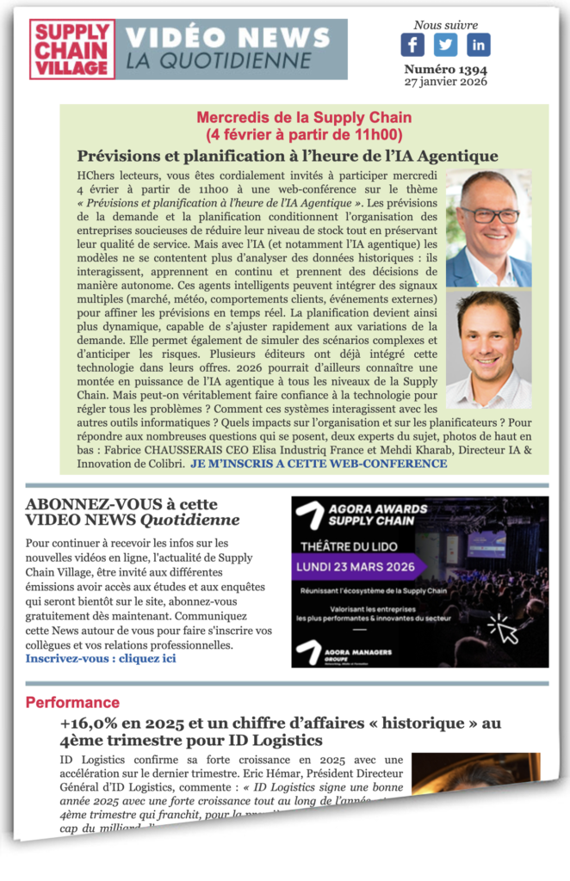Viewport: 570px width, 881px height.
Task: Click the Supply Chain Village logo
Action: (72, 50)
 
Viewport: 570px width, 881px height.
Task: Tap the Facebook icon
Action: (412, 46)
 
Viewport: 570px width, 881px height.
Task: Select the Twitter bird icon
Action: (445, 46)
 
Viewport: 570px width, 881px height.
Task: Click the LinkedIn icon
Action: (478, 46)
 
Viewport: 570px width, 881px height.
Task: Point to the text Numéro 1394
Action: (445, 69)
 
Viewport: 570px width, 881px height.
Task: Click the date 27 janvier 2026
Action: (445, 82)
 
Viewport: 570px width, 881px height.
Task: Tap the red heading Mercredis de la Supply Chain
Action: (304, 117)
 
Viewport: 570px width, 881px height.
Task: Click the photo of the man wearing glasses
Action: (488, 228)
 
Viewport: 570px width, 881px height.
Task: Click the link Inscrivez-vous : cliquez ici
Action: (101, 658)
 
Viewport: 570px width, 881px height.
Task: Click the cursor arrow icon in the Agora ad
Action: (504, 630)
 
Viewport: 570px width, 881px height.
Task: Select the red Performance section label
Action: (72, 702)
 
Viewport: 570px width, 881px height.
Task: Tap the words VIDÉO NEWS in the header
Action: (227, 38)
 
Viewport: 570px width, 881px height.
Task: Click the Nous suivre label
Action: (445, 25)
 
